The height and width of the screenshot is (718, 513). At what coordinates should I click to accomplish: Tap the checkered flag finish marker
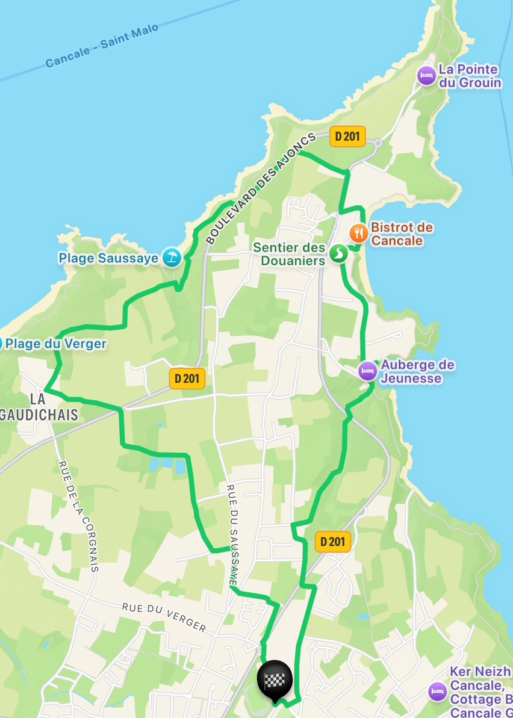(x=275, y=679)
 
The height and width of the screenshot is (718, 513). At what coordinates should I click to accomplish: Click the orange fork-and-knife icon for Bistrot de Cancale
(x=358, y=233)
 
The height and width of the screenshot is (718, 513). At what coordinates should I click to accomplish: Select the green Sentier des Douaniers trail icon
(x=338, y=253)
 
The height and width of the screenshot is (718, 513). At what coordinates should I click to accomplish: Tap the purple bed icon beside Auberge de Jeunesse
(x=368, y=371)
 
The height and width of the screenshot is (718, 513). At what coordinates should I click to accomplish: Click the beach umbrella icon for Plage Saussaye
(x=172, y=258)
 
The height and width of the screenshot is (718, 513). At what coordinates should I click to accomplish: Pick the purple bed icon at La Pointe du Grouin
(x=426, y=76)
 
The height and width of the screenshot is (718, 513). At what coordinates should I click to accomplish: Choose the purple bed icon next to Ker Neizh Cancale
(x=438, y=692)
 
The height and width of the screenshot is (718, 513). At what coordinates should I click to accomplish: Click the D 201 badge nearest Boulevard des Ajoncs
(x=347, y=137)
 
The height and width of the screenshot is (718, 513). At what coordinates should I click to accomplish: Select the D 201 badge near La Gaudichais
(x=187, y=379)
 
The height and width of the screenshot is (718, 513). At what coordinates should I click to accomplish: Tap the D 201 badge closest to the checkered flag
(x=332, y=542)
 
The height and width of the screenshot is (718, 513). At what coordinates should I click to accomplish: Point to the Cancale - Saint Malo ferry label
(x=102, y=46)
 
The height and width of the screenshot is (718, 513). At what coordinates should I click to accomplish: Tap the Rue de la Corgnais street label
(x=78, y=516)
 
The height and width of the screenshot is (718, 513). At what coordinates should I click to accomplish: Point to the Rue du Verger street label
(x=164, y=617)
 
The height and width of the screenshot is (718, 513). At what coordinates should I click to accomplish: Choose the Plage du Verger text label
(x=56, y=344)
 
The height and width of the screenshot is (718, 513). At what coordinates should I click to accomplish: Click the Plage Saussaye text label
(x=108, y=258)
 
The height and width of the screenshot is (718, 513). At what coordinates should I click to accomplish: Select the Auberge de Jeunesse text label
(x=418, y=371)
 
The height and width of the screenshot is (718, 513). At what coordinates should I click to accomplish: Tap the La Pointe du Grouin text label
(x=470, y=76)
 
